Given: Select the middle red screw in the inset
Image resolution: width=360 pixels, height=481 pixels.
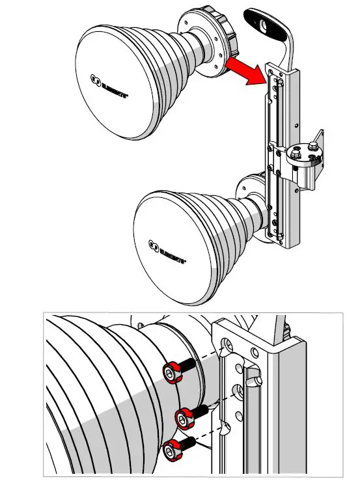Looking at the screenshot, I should [x=184, y=415].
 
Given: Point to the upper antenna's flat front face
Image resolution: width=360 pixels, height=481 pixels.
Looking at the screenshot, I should [x=120, y=85].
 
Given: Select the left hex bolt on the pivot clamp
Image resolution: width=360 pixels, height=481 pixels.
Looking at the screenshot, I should [x=294, y=152].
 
